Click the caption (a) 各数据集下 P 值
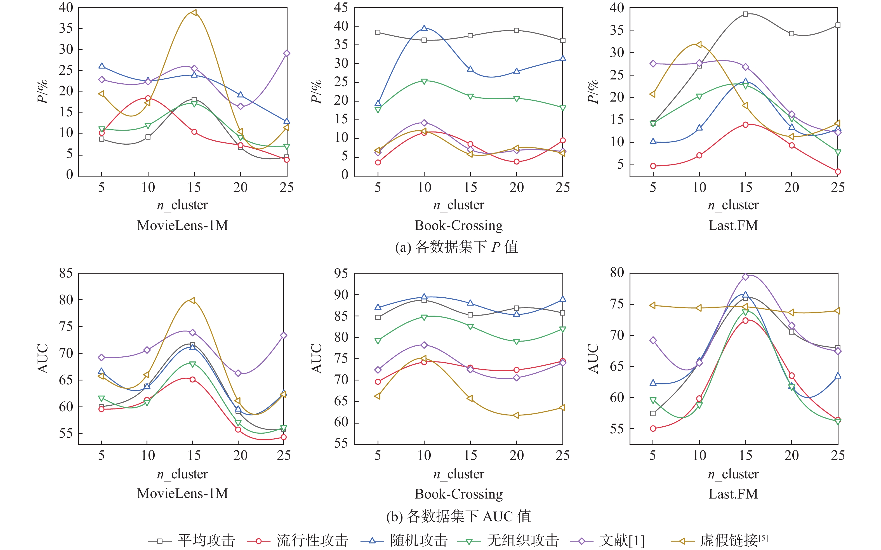(x=456, y=247)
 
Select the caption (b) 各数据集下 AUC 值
(x=458, y=516)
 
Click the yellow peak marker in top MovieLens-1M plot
(x=194, y=13)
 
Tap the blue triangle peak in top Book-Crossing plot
(x=424, y=28)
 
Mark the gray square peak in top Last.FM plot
(x=745, y=15)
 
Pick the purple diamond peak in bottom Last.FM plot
(x=745, y=277)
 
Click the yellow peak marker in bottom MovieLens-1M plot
(x=192, y=300)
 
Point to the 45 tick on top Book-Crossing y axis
(x=341, y=8)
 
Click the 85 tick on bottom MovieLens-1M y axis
(x=66, y=273)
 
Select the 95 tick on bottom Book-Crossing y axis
(x=341, y=273)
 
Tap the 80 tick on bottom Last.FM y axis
(x=617, y=272)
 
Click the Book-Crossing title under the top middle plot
(x=458, y=225)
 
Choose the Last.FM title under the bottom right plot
(x=733, y=493)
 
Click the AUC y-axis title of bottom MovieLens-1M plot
(x=43, y=358)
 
